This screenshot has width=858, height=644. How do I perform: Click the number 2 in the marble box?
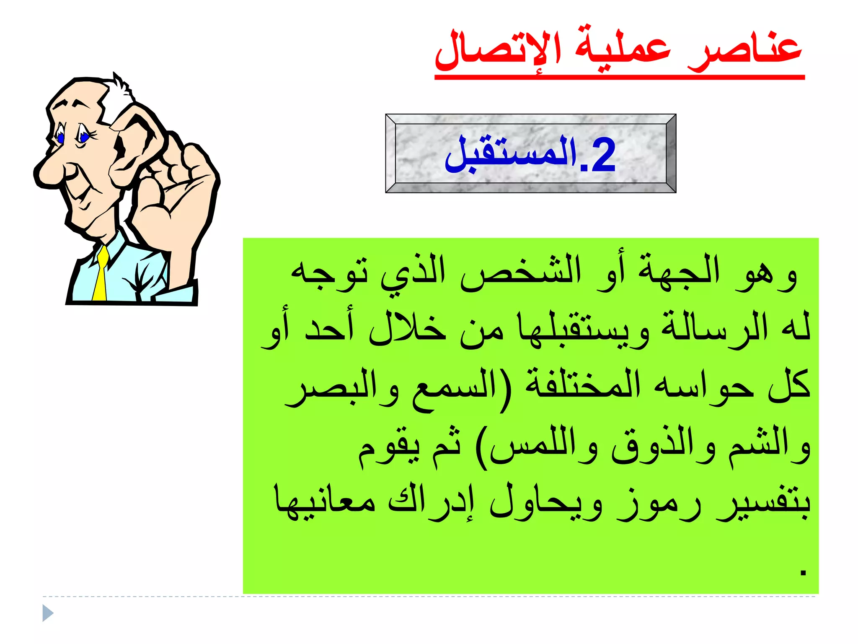602,155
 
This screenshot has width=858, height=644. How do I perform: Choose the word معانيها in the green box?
325,501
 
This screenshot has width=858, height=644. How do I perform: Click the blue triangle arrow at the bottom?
48,613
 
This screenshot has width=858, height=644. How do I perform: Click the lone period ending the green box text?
803,572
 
